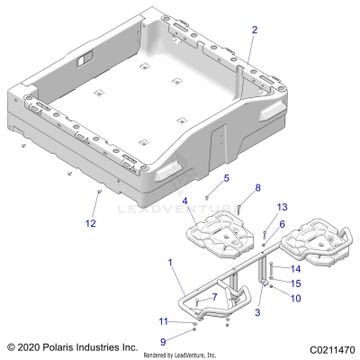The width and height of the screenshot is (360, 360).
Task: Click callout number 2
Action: pyautogui.click(x=254, y=30)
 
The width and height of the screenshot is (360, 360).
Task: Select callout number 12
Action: pyautogui.click(x=89, y=222)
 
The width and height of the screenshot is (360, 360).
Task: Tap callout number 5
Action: pyautogui.click(x=227, y=178)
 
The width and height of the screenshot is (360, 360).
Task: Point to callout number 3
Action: pyautogui.click(x=259, y=311)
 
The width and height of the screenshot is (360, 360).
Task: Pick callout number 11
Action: pyautogui.click(x=162, y=321)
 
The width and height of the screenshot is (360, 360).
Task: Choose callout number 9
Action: pyautogui.click(x=162, y=342)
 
